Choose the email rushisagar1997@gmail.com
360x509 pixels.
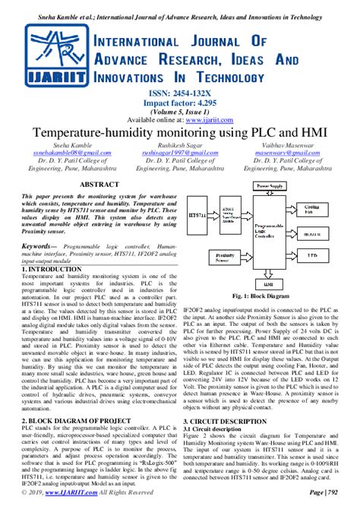(180, 152)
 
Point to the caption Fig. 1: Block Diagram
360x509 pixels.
(268, 295)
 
